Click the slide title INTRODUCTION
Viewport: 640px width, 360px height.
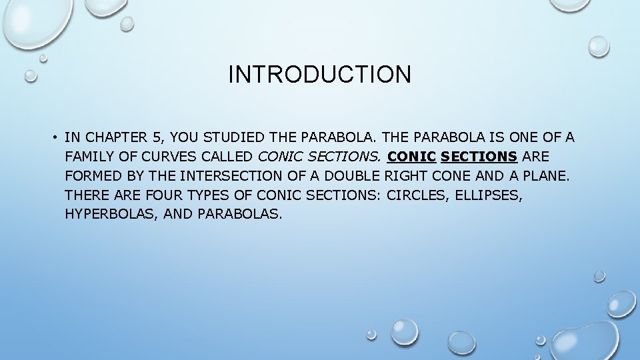click(x=319, y=74)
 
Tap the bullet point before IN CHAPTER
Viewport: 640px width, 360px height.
click(x=51, y=138)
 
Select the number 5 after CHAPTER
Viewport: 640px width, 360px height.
click(x=157, y=138)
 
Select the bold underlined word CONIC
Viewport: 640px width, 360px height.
click(x=411, y=157)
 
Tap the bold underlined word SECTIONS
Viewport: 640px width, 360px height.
click(x=479, y=157)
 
